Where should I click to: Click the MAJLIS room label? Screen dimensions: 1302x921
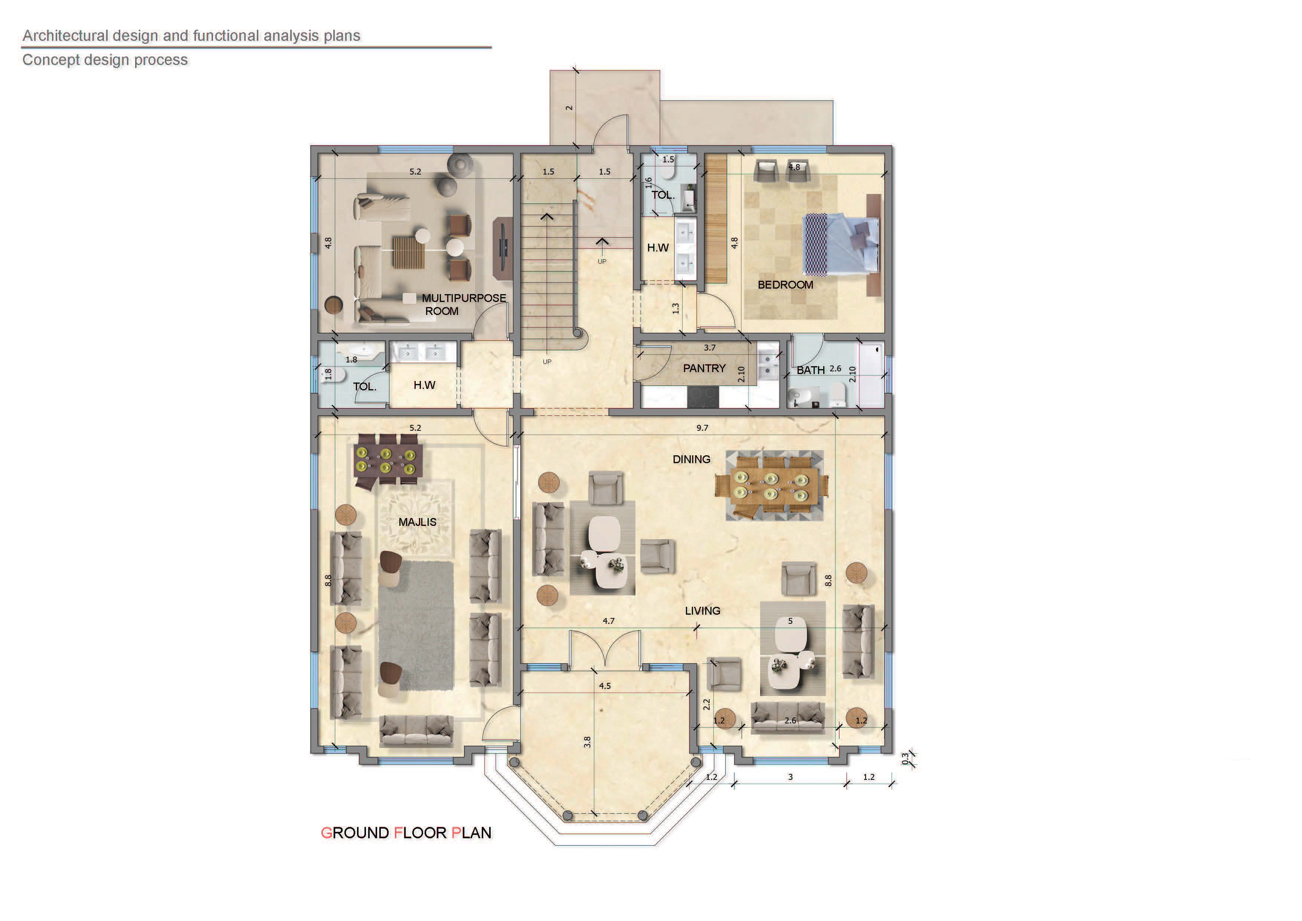[x=418, y=522]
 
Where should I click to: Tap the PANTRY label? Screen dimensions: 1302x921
[x=704, y=368]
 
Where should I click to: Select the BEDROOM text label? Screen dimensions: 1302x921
[x=785, y=285]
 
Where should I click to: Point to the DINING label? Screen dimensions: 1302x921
[x=691, y=459]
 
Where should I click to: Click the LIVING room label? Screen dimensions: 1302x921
[x=703, y=611]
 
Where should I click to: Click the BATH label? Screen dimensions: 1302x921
[x=811, y=370]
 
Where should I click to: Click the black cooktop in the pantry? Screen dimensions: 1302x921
[x=703, y=397]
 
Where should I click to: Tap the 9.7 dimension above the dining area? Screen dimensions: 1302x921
[x=702, y=428]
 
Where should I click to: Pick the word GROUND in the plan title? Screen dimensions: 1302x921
[x=355, y=833]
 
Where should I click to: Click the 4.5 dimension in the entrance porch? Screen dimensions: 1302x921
[x=605, y=686]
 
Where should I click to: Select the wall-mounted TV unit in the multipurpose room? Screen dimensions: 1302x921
[x=502, y=248]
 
